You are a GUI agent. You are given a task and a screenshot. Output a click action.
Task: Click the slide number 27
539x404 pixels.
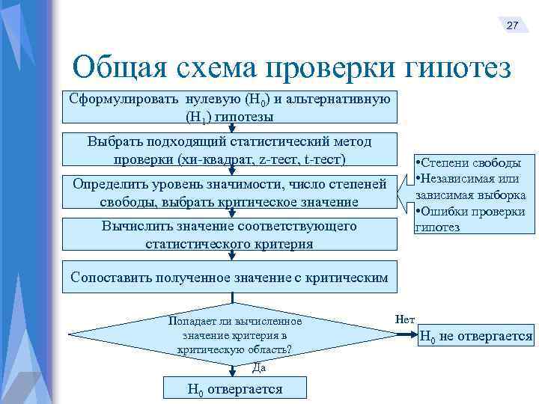(512, 25)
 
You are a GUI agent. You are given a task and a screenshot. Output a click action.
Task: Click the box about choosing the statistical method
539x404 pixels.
(229, 150)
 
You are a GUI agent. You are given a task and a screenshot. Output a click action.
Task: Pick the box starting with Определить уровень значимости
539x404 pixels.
(229, 193)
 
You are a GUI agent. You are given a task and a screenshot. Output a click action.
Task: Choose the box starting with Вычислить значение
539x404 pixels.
(229, 235)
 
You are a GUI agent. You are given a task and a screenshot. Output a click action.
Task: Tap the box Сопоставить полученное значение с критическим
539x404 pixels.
(229, 278)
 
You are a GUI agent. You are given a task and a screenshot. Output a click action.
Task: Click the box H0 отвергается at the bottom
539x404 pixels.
(234, 389)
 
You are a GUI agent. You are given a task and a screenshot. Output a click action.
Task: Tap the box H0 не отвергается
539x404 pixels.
(475, 337)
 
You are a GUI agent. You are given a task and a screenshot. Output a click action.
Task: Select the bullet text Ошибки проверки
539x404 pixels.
(473, 212)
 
